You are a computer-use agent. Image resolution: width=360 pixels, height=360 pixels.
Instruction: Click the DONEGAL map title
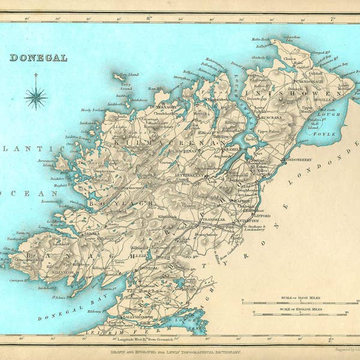(x=38, y=58)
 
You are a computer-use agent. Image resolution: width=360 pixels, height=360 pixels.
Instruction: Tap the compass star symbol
(x=35, y=97)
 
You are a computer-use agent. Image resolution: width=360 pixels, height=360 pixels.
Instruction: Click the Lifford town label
(x=261, y=215)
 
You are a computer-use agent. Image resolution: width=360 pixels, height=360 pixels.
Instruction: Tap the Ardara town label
(x=92, y=234)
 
